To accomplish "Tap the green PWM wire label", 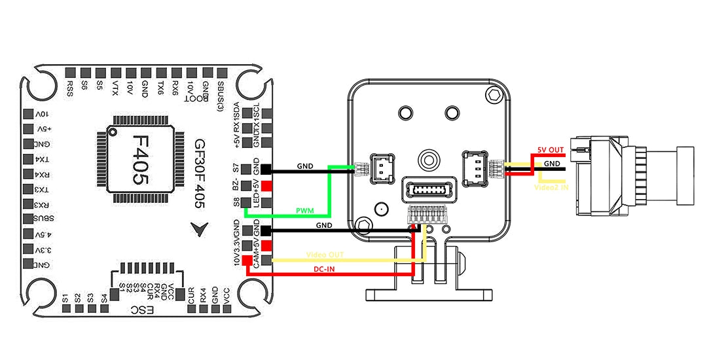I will coord(305,211).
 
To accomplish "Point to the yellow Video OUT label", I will coord(325,255).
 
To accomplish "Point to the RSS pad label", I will coord(70,87).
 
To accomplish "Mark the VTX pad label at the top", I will coord(115,88).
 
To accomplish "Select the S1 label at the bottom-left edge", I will coord(65,298).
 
